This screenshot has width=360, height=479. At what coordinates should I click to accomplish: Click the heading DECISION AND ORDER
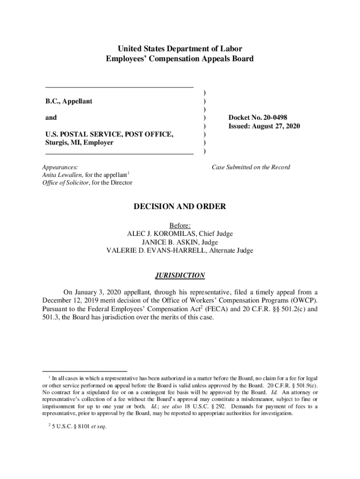(180, 206)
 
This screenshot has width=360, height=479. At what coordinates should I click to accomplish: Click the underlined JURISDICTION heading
(180, 276)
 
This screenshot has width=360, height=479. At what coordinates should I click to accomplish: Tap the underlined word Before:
(180, 225)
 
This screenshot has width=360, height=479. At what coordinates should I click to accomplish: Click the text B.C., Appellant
(69, 101)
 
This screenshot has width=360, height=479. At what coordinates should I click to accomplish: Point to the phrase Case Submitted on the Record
(251, 167)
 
